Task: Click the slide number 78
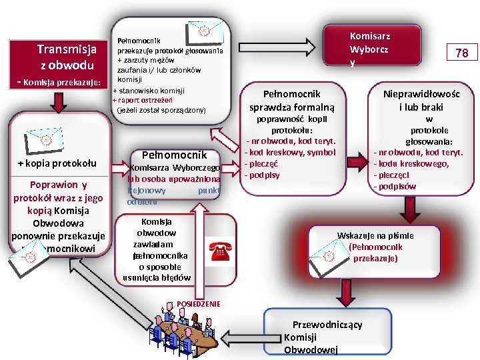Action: click(x=462, y=53)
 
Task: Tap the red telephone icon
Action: click(x=219, y=251)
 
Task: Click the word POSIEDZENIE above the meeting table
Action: click(x=198, y=304)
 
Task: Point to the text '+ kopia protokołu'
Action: click(x=57, y=163)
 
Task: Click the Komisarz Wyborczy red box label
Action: click(x=370, y=49)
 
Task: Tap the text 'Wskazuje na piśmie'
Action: click(x=375, y=235)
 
